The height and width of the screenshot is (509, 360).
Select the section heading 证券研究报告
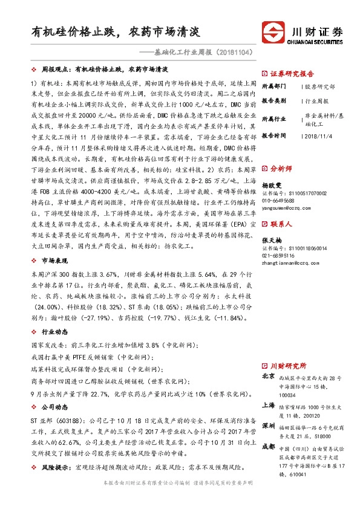point(291,71)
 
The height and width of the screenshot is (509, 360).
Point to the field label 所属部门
point(276,87)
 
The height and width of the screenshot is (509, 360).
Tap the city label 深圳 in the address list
point(269,426)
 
